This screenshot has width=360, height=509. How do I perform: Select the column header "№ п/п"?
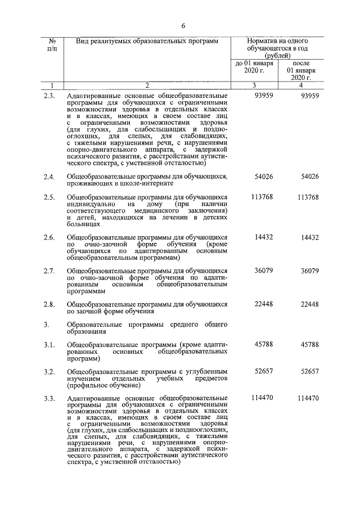[51, 45]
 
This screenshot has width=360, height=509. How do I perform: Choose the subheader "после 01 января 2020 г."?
[301, 70]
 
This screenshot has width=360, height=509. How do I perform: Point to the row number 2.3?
[49, 96]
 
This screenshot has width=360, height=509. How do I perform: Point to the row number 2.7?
[49, 271]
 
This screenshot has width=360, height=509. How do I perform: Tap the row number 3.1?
[49, 345]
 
